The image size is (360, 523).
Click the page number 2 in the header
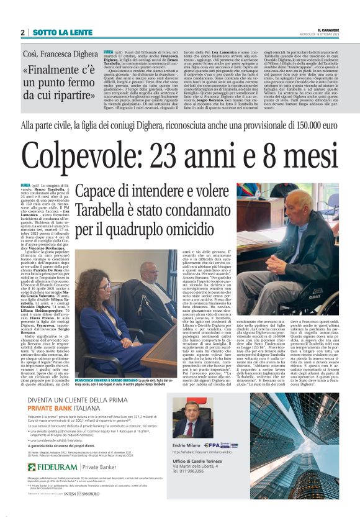pyautogui.click(x=22, y=32)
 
